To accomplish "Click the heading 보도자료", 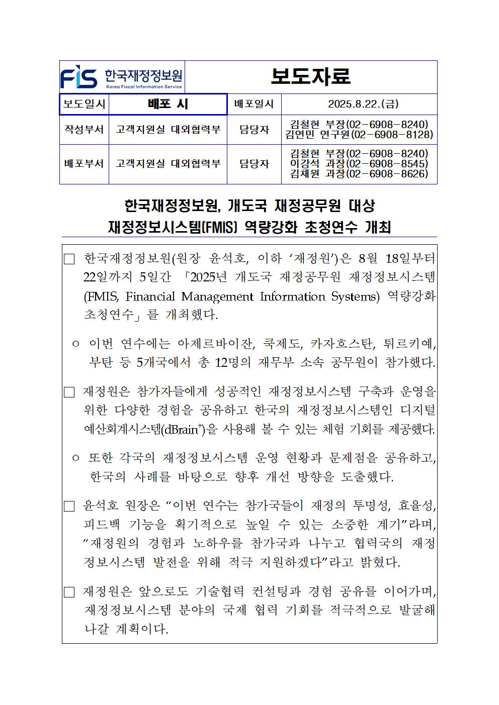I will [x=310, y=76].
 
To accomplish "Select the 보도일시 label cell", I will [x=84, y=104].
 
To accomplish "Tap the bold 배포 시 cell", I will [x=168, y=104].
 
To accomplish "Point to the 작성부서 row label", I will [x=84, y=129].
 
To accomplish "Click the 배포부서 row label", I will [x=84, y=164].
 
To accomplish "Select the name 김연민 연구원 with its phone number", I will [x=359, y=135].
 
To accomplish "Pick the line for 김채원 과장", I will [x=359, y=174].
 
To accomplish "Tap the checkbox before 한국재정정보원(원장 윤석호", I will [x=69, y=260].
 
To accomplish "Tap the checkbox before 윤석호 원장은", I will [x=69, y=506].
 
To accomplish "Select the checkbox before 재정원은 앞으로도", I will [x=69, y=592].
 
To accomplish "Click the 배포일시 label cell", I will [x=254, y=104].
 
